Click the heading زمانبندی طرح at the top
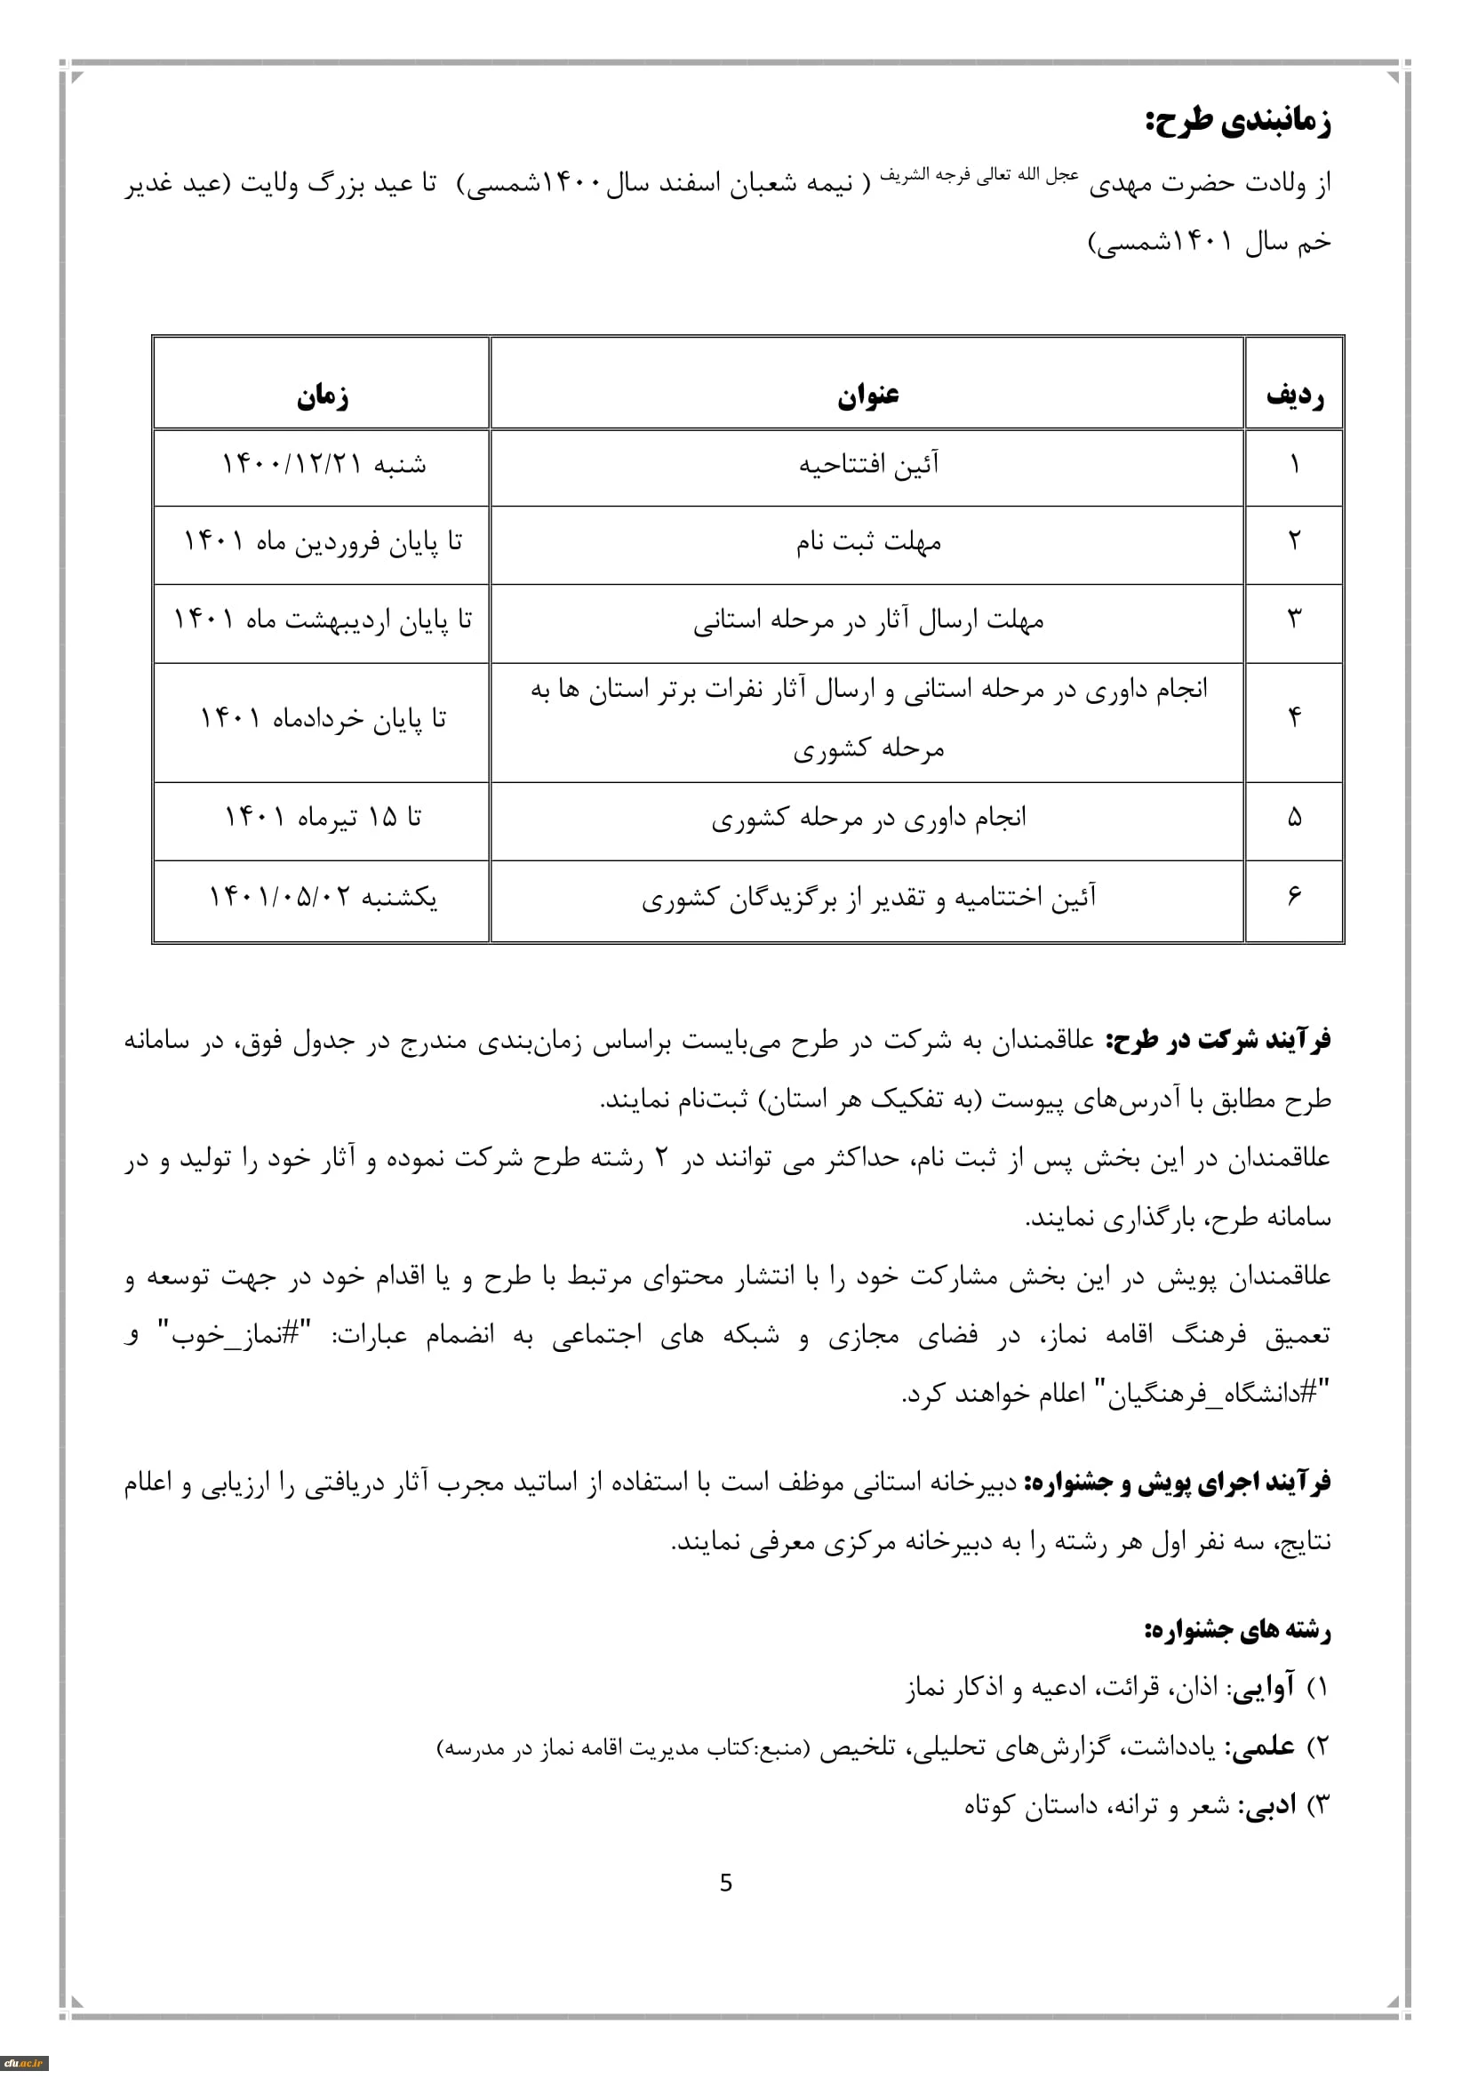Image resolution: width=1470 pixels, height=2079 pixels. coord(1237,123)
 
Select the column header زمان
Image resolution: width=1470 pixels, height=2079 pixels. coord(323,396)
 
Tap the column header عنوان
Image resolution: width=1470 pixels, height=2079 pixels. coord(867,396)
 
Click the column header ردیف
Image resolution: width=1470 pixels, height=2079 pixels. coord(1294,396)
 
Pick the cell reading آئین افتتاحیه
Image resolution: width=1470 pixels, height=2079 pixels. coord(867,466)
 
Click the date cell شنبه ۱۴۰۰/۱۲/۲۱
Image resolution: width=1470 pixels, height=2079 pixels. coord(324,466)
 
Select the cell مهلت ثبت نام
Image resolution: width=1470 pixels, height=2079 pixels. coord(867,543)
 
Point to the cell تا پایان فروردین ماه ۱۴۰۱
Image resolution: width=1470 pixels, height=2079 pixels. coord(324,543)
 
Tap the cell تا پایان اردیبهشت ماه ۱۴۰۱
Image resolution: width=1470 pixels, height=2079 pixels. coord(324,621)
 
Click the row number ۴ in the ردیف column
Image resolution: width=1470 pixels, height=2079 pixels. coord(1294,718)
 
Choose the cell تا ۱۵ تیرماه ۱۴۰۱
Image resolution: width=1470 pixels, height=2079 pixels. coord(324,819)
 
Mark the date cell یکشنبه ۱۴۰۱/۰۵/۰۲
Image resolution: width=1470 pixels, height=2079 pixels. coord(324,899)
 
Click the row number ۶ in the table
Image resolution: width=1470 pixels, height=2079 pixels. coord(1294,897)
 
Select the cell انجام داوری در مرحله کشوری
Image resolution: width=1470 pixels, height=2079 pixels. coord(867,819)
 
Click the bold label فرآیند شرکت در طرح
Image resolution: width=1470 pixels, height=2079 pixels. coord(1218,1042)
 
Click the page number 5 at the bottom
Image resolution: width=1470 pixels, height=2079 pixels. coord(726,1883)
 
